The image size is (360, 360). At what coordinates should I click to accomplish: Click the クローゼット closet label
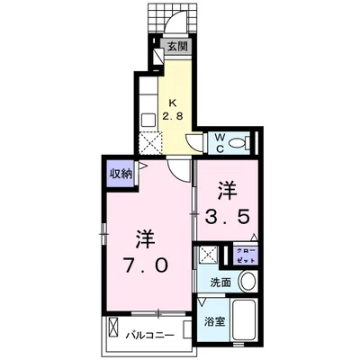point(243,254)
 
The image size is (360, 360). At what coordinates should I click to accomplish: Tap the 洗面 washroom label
point(220,283)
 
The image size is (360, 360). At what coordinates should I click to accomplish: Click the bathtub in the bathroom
point(245,325)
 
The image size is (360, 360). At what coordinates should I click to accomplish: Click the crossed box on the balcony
point(112,327)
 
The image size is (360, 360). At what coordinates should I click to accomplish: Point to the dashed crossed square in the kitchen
point(152,141)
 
